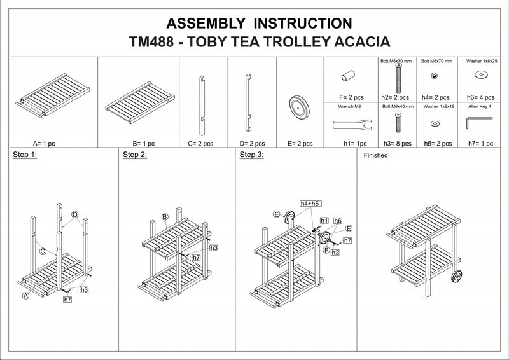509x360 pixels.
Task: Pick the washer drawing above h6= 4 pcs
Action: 482,76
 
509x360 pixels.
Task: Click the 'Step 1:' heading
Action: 25,155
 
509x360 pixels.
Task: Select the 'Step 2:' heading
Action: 134,155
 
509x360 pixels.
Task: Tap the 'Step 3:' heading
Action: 251,155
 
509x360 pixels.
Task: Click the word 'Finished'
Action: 375,155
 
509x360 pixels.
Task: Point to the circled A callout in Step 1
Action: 26,296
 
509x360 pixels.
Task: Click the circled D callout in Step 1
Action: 74,214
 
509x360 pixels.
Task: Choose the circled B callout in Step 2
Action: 165,217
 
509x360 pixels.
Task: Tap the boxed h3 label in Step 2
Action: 214,247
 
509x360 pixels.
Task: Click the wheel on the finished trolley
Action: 459,279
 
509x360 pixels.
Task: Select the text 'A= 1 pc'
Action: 44,144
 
